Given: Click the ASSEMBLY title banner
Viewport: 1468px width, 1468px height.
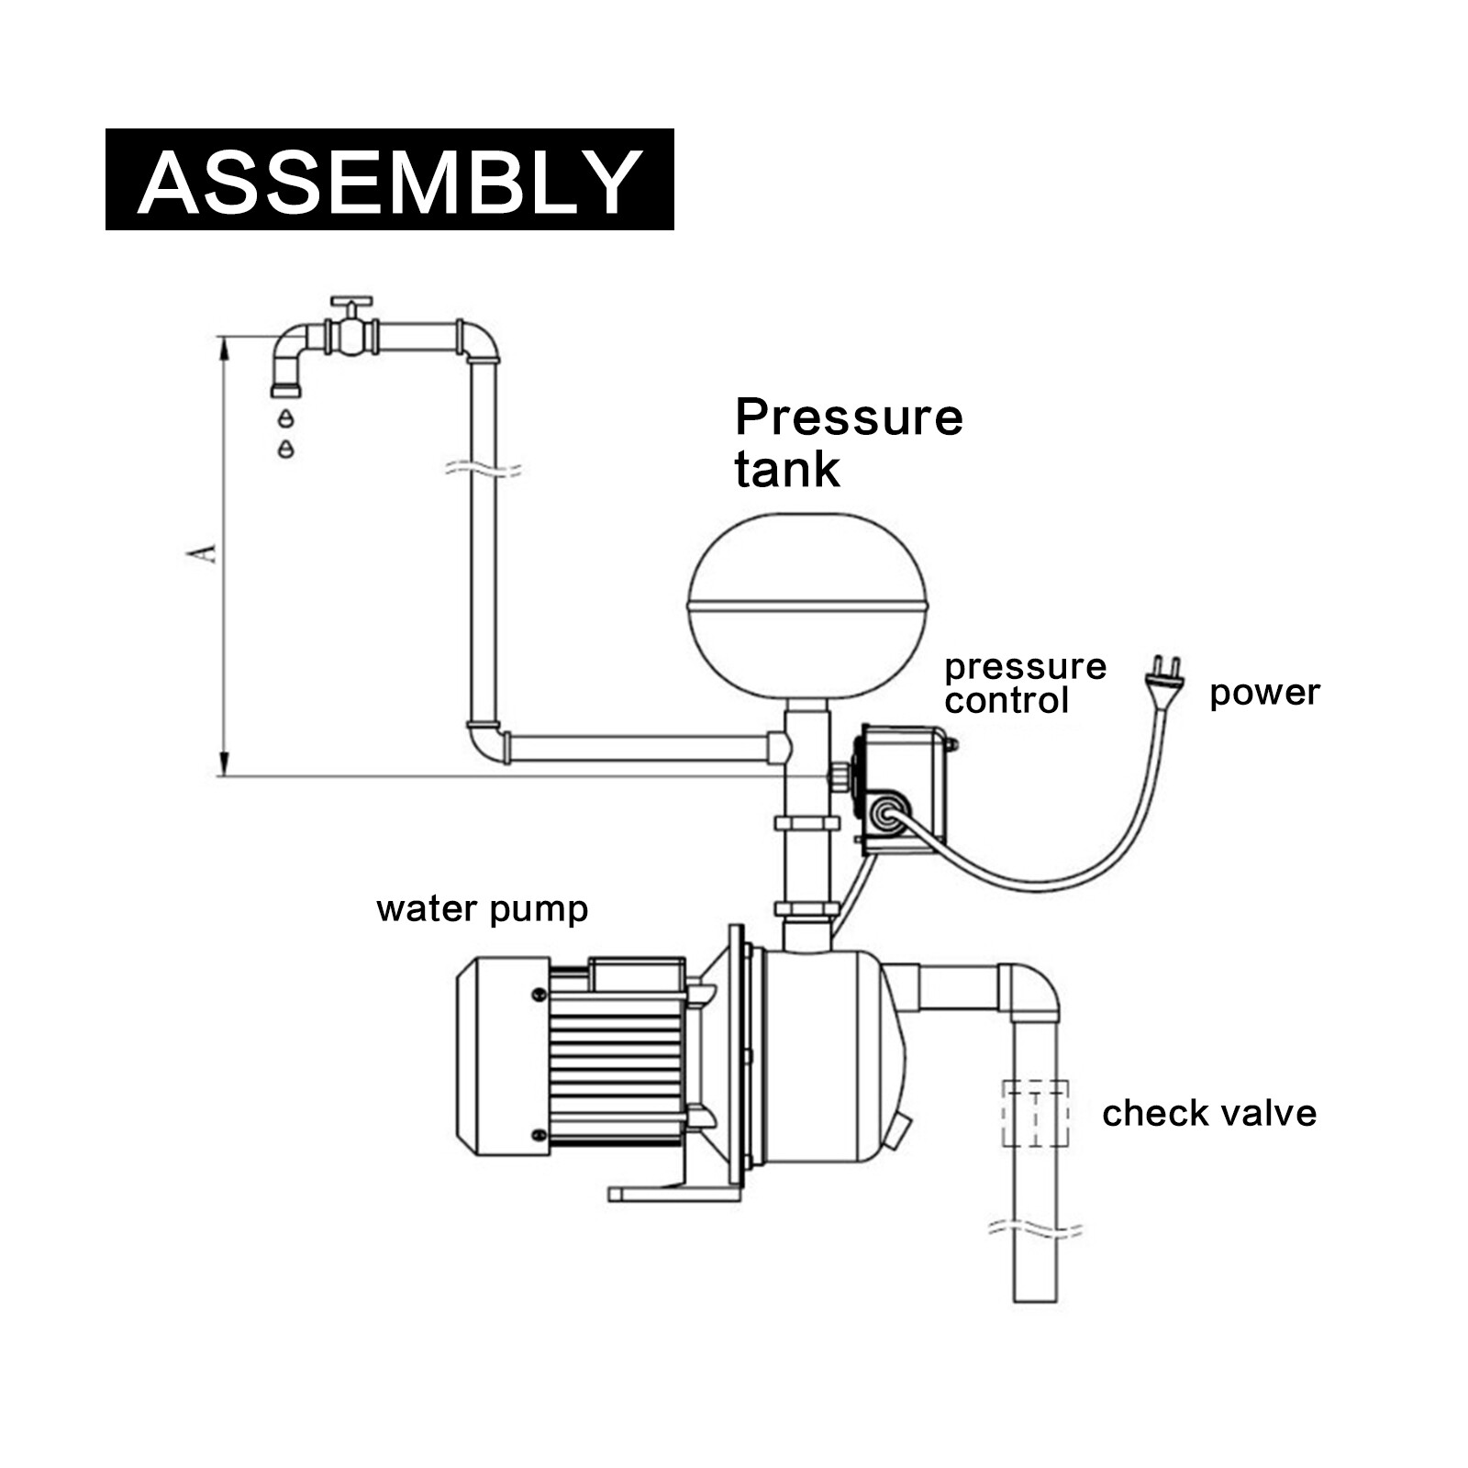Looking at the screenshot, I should tap(389, 180).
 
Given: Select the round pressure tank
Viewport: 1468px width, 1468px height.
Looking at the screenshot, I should tap(807, 606).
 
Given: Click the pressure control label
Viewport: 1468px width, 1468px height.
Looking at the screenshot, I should tap(1024, 684).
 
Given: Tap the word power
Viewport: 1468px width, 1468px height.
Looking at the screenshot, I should tap(1263, 693).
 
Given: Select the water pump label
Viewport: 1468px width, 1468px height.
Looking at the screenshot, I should tap(482, 909).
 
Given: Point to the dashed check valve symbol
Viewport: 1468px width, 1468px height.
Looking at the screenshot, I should tap(1035, 1113).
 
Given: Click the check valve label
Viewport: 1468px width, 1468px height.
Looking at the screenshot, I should tap(1208, 1113).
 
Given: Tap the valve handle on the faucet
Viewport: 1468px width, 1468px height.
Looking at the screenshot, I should tap(350, 304).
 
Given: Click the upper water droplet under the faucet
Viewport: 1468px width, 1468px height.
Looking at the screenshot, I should tap(286, 418).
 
